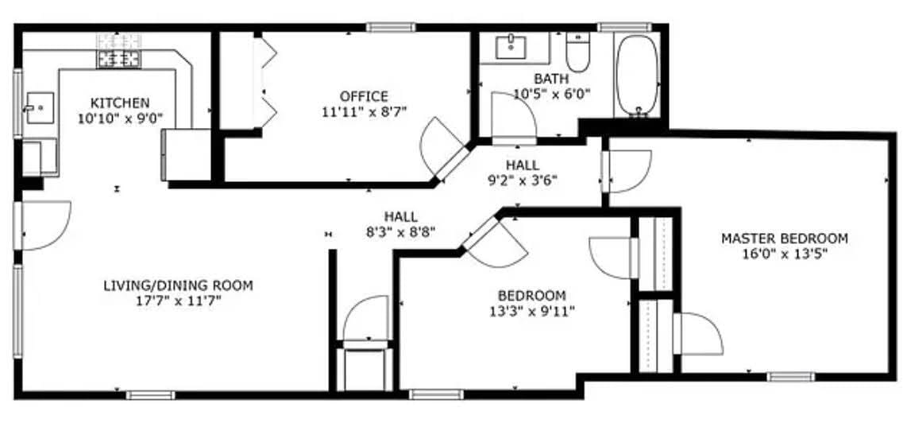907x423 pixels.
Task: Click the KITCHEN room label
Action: (120, 103)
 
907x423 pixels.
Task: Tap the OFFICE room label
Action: (365, 96)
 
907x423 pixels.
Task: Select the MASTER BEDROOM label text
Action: (784, 238)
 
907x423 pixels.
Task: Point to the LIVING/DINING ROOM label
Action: (178, 285)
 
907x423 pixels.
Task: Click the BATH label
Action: (551, 78)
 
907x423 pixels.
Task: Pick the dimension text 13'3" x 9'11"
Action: (532, 311)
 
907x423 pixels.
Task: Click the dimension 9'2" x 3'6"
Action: (522, 180)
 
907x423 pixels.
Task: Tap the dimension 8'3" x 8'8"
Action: (400, 232)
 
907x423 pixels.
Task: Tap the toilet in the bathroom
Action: (577, 54)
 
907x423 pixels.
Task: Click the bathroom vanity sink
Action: (508, 47)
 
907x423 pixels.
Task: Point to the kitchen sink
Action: (38, 107)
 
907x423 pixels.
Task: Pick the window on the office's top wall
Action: (391, 27)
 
